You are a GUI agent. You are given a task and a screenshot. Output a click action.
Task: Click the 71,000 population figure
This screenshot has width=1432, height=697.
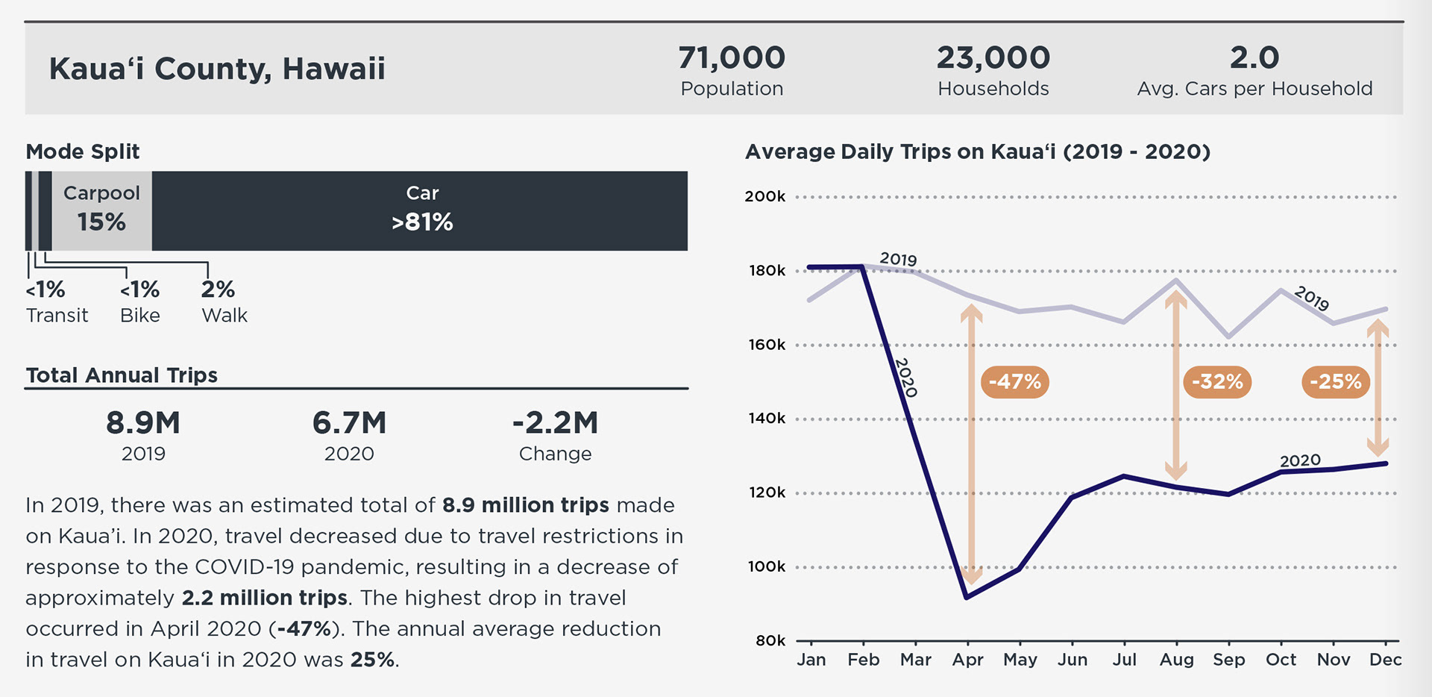point(731,58)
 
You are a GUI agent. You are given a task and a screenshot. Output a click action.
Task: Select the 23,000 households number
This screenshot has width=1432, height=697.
point(993,58)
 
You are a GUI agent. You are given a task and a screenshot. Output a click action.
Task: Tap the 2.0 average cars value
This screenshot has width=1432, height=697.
point(1254,58)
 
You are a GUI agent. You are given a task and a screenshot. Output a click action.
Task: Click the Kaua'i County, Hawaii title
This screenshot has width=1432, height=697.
point(217,69)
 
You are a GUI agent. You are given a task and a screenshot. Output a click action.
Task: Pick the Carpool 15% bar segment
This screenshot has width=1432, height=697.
point(101,210)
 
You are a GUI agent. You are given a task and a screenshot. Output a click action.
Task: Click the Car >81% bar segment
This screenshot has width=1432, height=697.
point(421,210)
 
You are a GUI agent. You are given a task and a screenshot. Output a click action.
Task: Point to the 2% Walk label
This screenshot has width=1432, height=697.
point(223,301)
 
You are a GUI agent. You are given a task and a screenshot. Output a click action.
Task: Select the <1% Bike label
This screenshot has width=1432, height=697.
point(140,301)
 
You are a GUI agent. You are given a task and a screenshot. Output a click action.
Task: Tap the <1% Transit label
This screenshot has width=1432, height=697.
point(56,301)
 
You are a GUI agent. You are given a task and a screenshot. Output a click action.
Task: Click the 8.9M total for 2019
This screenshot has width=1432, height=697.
point(143,423)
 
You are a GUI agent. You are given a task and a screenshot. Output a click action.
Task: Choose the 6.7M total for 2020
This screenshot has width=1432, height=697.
point(349,423)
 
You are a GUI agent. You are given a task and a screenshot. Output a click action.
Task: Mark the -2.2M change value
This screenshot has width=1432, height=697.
point(555,423)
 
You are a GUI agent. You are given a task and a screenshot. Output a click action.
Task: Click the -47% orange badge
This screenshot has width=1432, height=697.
point(1014,382)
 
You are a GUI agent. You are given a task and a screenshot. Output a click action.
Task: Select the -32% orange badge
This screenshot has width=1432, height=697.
point(1216,382)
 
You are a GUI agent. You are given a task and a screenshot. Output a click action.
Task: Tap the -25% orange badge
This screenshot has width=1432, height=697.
point(1335,382)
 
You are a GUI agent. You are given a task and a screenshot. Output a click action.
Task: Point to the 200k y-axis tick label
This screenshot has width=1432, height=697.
point(765,197)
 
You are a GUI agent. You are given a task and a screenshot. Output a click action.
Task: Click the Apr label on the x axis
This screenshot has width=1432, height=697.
point(967,660)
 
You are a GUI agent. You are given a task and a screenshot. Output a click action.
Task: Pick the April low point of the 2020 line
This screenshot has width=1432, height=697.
point(967,597)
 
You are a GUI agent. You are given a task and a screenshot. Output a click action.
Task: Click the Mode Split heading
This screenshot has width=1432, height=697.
point(83,151)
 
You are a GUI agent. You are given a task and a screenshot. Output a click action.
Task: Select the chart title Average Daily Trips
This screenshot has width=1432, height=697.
point(977,151)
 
